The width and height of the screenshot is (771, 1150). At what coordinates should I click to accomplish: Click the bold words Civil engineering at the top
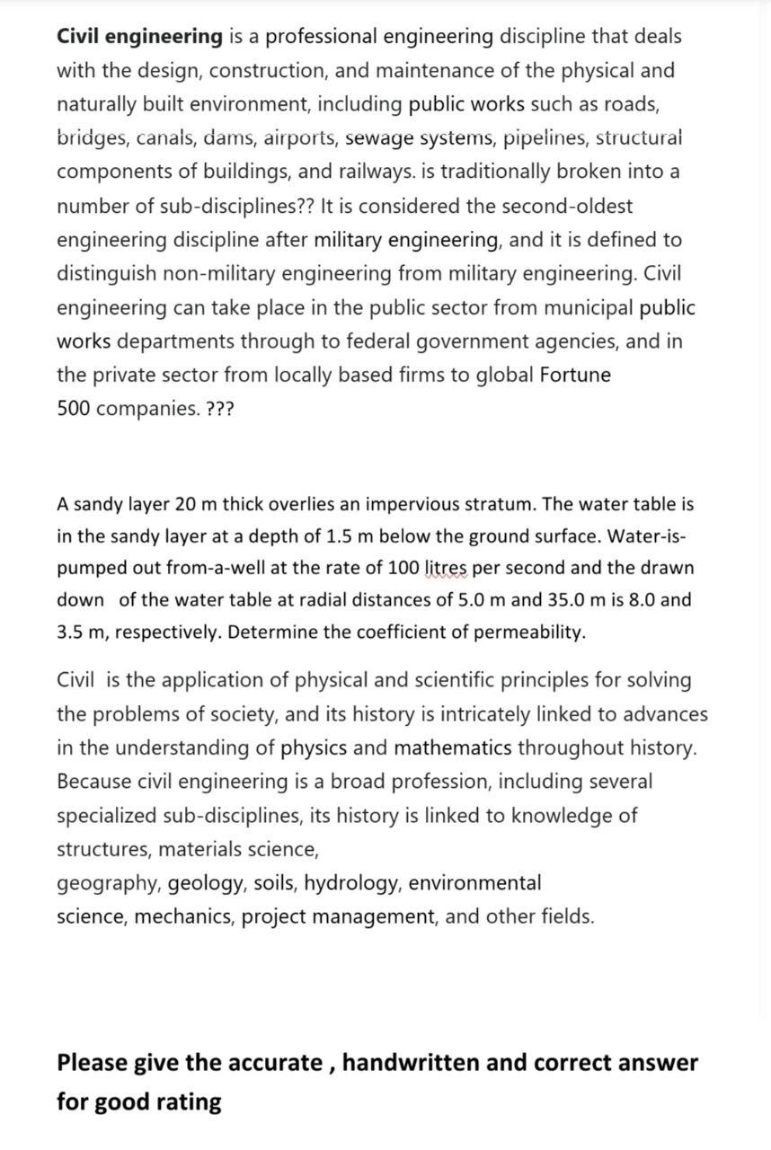click(x=139, y=37)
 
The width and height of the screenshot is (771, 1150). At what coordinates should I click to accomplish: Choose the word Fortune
click(x=575, y=376)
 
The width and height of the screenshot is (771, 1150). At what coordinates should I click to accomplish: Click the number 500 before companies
click(x=73, y=409)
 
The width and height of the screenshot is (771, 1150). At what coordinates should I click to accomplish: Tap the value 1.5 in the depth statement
click(x=338, y=536)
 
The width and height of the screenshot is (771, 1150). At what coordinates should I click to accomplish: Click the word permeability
click(x=529, y=632)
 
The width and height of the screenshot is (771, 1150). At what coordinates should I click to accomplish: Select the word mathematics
click(x=453, y=748)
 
